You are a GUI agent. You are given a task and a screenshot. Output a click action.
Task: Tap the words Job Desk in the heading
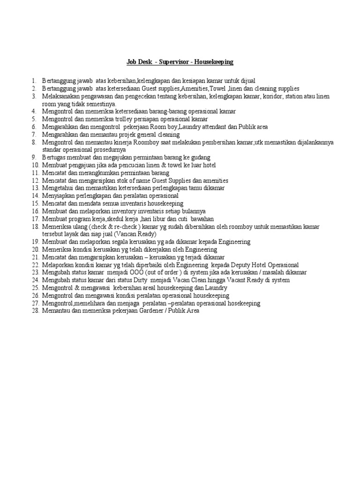(139, 62)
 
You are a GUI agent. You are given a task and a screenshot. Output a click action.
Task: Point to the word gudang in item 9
(200, 157)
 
